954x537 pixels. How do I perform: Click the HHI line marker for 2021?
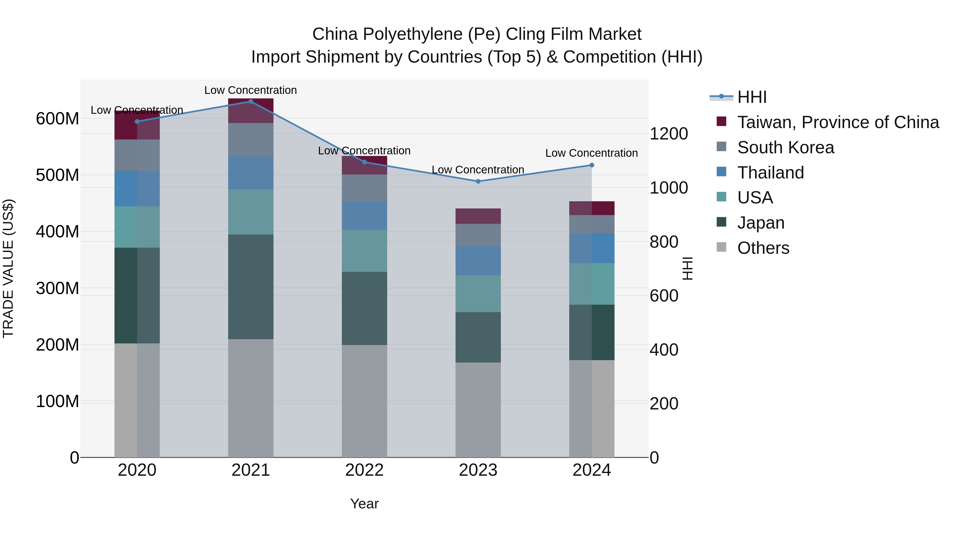(251, 102)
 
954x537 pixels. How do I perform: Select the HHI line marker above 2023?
(478, 181)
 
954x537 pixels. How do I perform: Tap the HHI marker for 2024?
(591, 165)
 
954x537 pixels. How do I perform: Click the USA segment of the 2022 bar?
(364, 251)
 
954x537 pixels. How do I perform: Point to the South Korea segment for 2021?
(251, 140)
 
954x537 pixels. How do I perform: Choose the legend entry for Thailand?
(770, 173)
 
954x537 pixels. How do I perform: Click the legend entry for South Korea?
(785, 147)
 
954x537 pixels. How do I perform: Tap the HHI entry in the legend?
(752, 97)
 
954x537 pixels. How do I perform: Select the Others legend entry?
(763, 248)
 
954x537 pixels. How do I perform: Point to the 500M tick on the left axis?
(58, 175)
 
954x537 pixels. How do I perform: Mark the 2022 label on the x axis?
(364, 470)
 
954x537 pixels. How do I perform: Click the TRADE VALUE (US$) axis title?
(8, 268)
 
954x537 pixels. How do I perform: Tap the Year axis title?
(364, 504)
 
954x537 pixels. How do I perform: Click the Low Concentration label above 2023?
(478, 170)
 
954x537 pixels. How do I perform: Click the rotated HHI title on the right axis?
(687, 268)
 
